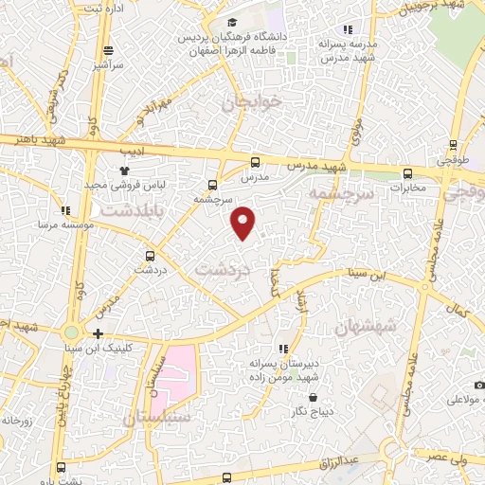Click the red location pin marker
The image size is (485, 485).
(x=244, y=222)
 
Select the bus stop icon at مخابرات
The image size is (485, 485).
(x=408, y=173)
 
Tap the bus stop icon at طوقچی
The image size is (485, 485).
(x=453, y=147)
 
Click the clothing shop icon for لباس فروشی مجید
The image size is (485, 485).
(x=123, y=170)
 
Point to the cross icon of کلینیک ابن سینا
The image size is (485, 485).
(x=99, y=332)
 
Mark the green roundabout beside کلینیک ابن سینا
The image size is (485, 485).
(x=71, y=332)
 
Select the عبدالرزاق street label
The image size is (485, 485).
(x=339, y=459)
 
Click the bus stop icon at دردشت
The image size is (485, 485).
(x=150, y=255)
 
